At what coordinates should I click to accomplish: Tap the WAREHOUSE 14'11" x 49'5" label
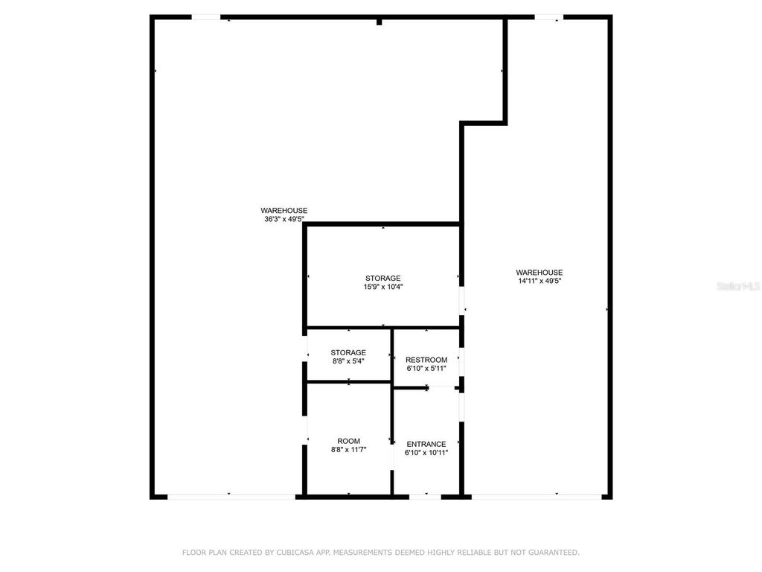(x=540, y=276)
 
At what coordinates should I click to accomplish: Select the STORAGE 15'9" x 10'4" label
(x=382, y=282)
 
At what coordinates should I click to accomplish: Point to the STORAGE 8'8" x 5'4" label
(x=348, y=357)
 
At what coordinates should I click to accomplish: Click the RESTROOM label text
(x=426, y=360)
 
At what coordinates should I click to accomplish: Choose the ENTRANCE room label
(x=426, y=444)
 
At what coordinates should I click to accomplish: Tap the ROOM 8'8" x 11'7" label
(x=348, y=445)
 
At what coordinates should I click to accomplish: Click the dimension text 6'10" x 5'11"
(x=426, y=368)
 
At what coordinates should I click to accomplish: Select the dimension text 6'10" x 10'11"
(x=426, y=452)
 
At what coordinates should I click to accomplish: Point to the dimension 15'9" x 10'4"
(x=382, y=287)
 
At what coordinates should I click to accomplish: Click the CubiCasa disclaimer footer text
(x=381, y=553)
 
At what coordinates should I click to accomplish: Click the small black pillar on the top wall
(x=379, y=22)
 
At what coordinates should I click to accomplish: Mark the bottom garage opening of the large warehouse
(x=231, y=496)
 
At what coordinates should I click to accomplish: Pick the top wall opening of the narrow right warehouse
(x=548, y=17)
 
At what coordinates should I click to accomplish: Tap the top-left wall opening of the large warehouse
(x=207, y=17)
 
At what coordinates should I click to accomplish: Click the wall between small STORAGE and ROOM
(x=348, y=382)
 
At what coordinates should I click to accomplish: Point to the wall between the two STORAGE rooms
(x=348, y=328)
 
